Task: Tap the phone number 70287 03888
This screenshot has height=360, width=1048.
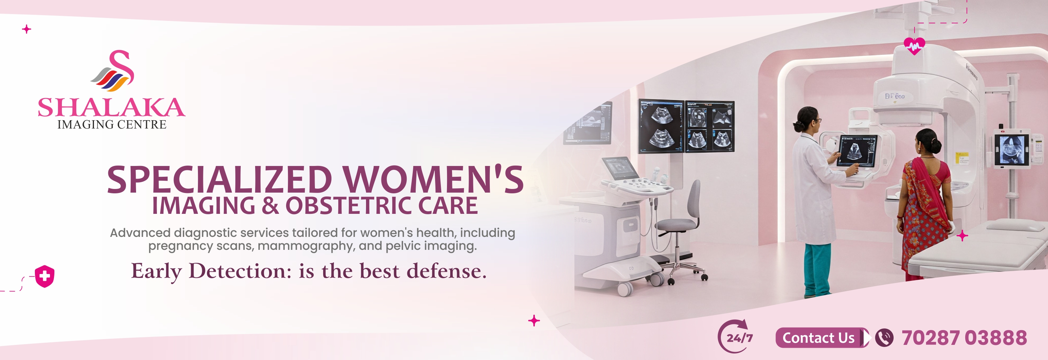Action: [964, 338]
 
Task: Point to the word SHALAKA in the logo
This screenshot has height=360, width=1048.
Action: [111, 108]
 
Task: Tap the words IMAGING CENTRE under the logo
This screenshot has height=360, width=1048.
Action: [112, 125]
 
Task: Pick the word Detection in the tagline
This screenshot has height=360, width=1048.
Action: [240, 271]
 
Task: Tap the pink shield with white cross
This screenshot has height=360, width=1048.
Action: [45, 276]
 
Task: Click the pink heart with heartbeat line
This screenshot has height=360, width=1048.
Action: [914, 46]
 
